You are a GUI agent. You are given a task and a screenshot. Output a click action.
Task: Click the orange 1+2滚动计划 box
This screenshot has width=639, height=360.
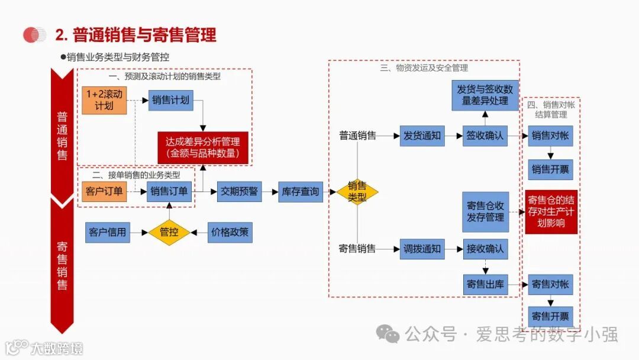pos(104,100)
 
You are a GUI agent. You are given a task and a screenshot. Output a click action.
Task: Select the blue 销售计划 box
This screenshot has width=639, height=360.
pos(170,100)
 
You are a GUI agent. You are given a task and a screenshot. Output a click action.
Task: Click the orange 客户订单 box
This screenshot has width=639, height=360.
pos(104,191)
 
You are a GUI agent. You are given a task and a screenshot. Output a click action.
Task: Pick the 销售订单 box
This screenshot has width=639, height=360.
pos(169,191)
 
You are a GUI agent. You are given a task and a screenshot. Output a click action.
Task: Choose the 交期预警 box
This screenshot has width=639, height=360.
pos(239,191)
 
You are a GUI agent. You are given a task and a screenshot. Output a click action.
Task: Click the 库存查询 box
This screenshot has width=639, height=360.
pos(301,191)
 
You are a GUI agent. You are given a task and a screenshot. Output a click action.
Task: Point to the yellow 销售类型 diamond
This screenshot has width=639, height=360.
pos(357,191)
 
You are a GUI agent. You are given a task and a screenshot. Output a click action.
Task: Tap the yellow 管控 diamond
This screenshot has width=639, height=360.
pos(169,232)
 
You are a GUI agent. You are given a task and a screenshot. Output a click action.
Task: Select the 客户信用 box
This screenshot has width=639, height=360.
pos(108,232)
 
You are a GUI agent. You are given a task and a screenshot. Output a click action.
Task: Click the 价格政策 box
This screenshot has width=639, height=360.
pos(230,232)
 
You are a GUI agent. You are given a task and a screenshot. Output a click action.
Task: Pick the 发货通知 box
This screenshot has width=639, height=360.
pos(422,136)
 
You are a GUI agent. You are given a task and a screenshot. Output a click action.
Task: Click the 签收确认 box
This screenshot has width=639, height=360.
pos(485,136)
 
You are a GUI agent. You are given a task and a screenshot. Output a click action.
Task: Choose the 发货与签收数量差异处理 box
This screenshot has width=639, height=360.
pos(485,95)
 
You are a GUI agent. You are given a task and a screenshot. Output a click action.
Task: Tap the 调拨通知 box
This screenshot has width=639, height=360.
pos(422,249)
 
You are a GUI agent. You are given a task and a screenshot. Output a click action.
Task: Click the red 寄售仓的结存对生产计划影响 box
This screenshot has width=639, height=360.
pos(551,211)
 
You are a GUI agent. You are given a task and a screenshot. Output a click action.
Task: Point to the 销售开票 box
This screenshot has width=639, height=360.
pos(550,170)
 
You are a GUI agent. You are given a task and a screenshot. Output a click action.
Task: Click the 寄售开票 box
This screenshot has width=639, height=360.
pos(550,316)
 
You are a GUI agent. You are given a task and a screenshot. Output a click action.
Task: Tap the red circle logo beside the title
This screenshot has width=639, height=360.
pos(34,35)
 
